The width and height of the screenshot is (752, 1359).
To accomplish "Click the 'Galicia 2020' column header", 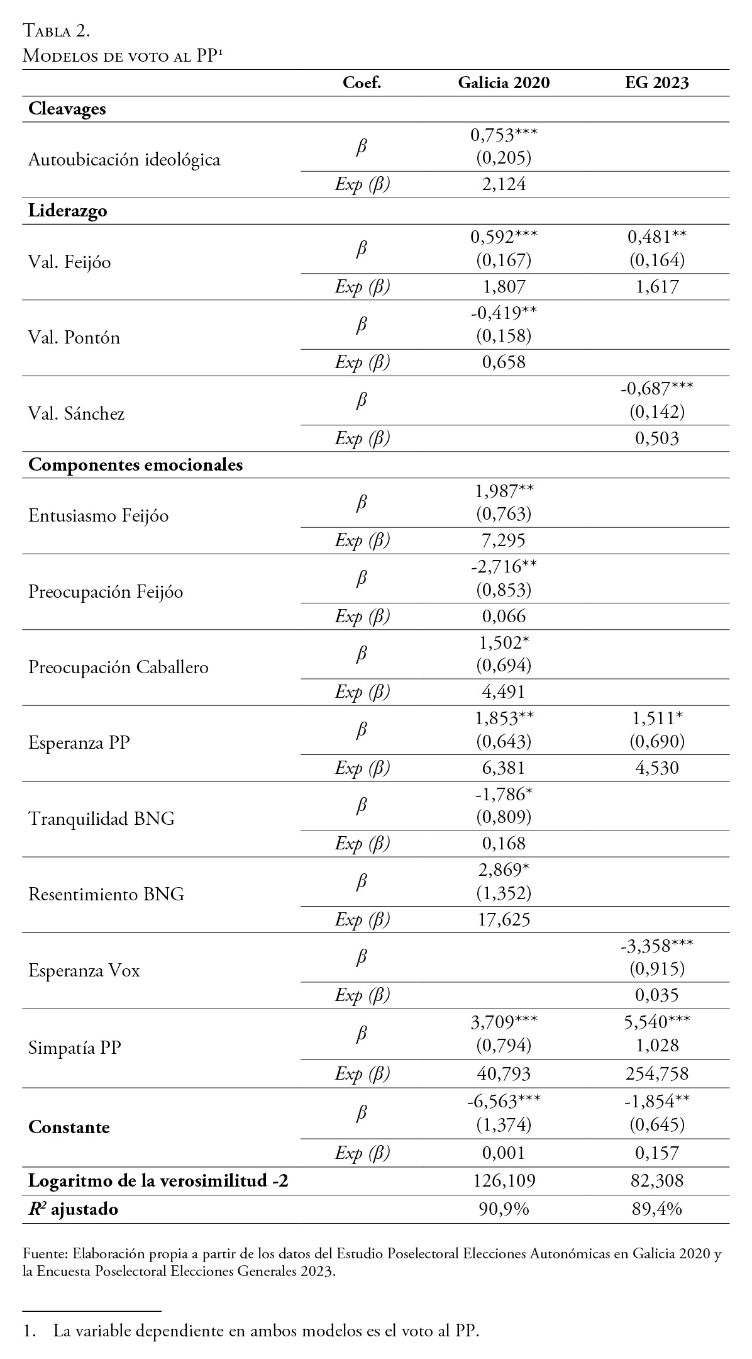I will [504, 82].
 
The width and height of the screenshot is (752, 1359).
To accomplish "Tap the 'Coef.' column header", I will [362, 82].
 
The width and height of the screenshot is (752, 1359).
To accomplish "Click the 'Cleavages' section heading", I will [67, 109].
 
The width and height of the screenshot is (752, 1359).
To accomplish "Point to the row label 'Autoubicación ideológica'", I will [124, 160].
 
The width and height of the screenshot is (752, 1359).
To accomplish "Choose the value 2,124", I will [504, 184].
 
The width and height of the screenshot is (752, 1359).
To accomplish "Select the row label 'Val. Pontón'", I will [74, 338].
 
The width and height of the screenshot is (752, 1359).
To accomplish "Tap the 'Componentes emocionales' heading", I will [135, 465].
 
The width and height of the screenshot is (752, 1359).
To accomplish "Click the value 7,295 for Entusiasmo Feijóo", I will [504, 540].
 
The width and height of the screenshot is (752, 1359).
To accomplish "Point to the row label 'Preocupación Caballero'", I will [118, 667].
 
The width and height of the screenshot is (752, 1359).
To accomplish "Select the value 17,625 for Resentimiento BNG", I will [504, 920].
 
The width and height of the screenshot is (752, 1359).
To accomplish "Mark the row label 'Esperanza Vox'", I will [84, 970].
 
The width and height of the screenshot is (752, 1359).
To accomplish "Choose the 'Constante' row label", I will [69, 1127].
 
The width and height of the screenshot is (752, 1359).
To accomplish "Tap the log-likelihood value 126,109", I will [504, 1181].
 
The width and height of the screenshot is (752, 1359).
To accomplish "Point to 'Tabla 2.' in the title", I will [57, 30].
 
